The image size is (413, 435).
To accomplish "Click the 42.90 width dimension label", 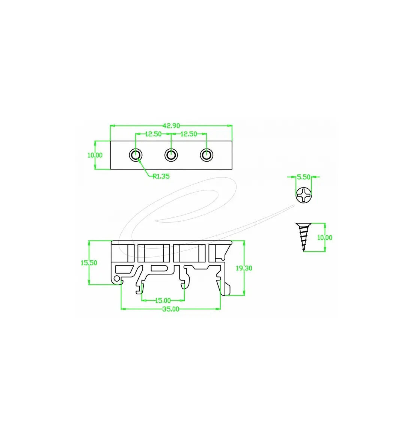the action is pos(171,126).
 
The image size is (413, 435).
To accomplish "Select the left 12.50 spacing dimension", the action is pos(153,134).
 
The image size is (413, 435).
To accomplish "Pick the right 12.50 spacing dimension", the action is pos(188,134).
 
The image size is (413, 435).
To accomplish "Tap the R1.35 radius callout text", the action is pos(161,176).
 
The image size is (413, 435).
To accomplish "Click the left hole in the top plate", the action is pos(136,155).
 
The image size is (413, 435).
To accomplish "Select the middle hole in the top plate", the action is pos(171,155).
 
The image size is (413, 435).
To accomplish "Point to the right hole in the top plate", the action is pos(206,155).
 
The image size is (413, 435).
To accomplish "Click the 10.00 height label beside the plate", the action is pos(95,155).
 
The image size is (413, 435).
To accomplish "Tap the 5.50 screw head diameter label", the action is pos(304,177).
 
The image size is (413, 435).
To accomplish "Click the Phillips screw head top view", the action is pos(304,195).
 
